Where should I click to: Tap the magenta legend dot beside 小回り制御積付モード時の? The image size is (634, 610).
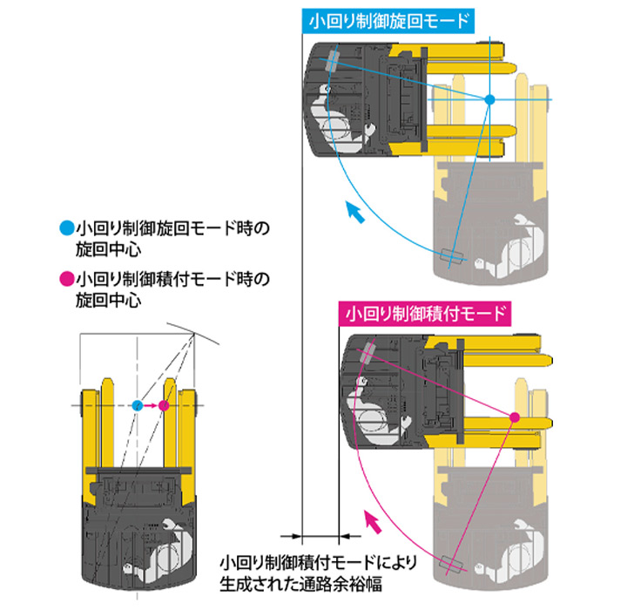click(65, 280)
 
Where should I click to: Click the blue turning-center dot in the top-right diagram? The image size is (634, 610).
click(489, 100)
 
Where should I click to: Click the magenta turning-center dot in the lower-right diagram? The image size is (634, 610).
click(515, 417)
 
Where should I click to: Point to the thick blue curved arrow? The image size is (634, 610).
click(352, 212)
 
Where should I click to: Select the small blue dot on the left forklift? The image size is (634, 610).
click(138, 405)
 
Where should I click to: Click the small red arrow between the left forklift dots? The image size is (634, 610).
click(151, 405)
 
